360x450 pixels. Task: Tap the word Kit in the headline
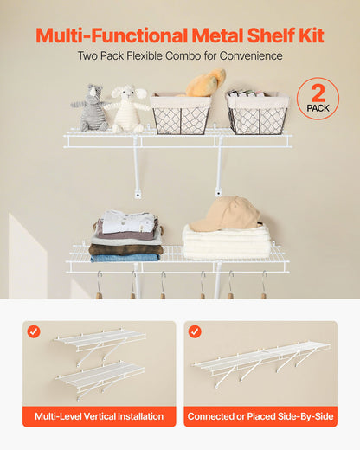[308, 35]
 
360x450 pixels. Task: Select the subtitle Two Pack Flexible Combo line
[180, 56]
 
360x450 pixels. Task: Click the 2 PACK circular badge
[318, 99]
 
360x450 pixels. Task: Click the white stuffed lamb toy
[127, 108]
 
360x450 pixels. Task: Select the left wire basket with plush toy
[181, 115]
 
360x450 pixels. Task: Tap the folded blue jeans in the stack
[125, 257]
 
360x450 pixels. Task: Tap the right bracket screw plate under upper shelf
[217, 193]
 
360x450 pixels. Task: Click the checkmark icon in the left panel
[34, 331]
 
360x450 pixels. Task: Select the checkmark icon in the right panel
[195, 331]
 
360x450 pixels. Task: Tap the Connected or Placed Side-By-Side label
[260, 416]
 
